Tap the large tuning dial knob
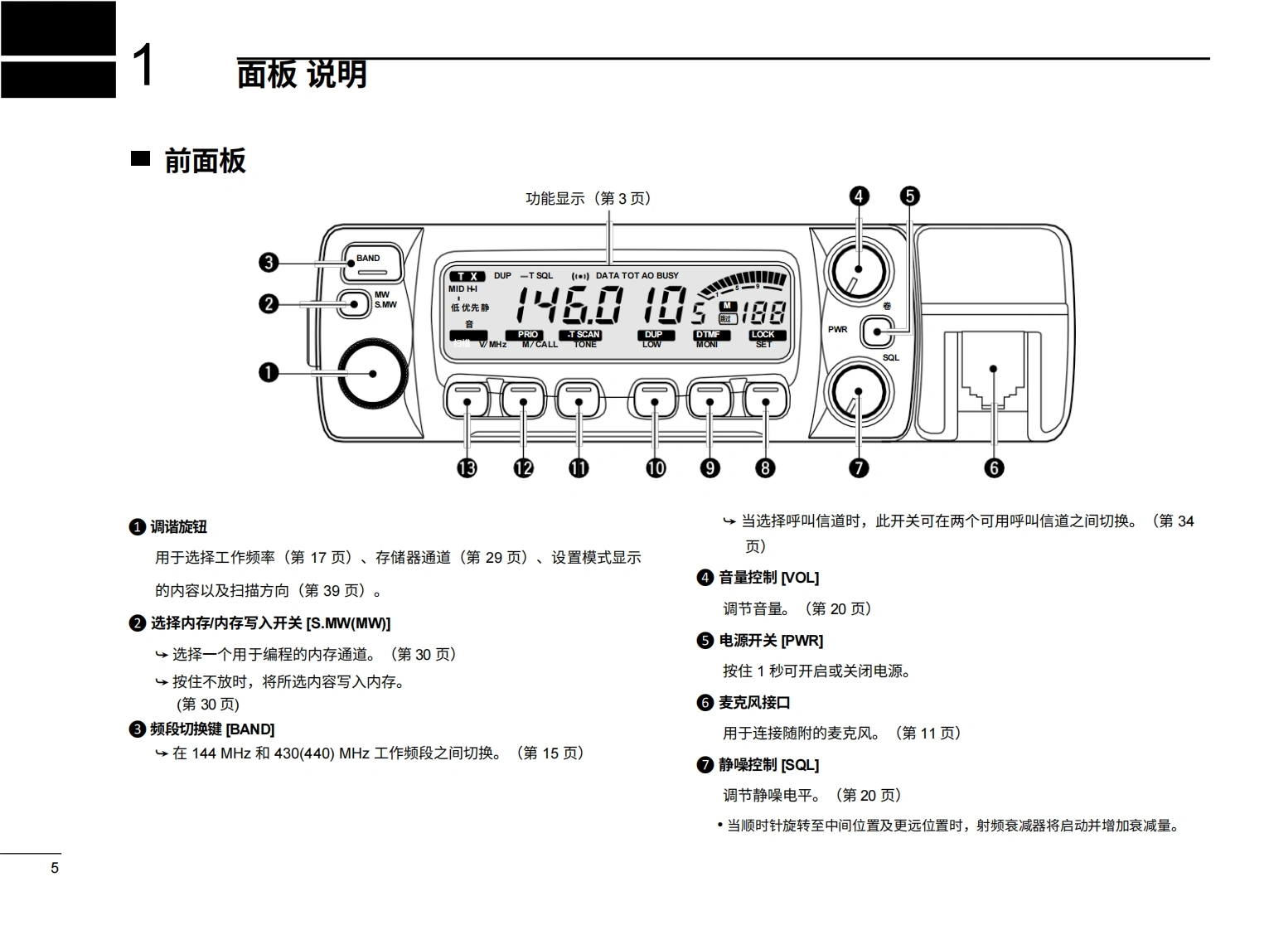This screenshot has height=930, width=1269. click(372, 373)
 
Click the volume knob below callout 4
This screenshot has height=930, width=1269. click(859, 270)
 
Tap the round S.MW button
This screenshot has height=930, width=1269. click(355, 303)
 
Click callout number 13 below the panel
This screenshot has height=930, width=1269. click(467, 468)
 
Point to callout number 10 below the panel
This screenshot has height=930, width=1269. click(656, 468)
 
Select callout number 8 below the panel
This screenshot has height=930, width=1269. click(765, 468)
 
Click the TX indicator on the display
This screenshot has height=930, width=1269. click(467, 276)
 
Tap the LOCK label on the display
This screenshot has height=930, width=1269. click(763, 335)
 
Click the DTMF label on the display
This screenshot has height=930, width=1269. click(708, 335)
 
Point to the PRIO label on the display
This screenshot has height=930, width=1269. click(528, 335)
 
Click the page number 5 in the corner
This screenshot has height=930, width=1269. click(55, 869)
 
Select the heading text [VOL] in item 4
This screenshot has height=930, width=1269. click(800, 578)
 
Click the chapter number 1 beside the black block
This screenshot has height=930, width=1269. click(143, 65)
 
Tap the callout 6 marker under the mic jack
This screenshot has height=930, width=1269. click(993, 468)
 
